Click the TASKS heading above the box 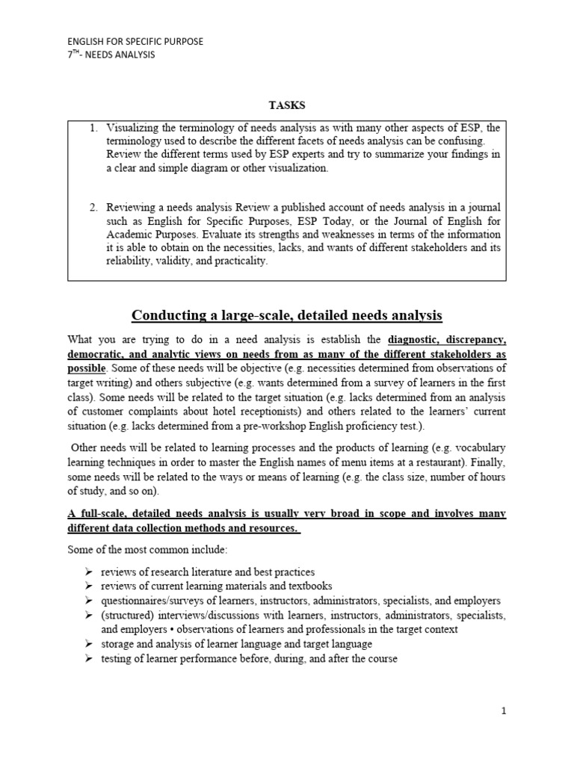pos(287,105)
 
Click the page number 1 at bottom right pos(504,711)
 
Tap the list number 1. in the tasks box pos(94,128)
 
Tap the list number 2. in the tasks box pos(94,207)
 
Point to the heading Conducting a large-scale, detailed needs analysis pos(287,316)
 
